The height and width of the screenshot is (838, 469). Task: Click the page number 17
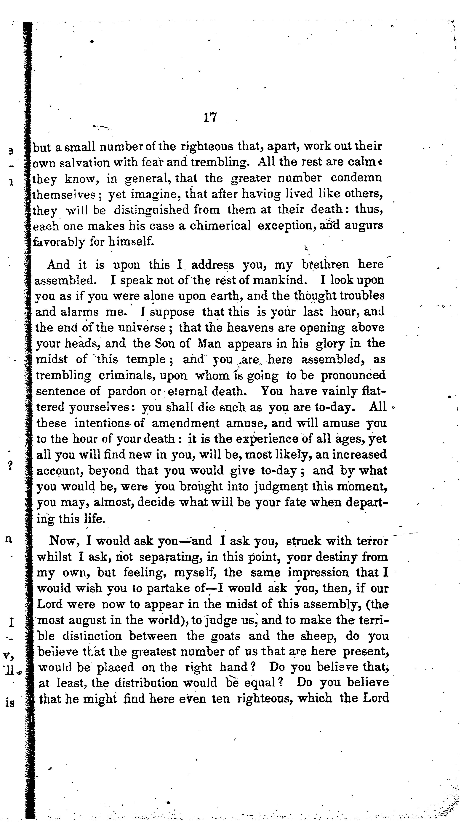[210, 117]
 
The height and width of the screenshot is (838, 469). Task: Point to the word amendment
[185, 423]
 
